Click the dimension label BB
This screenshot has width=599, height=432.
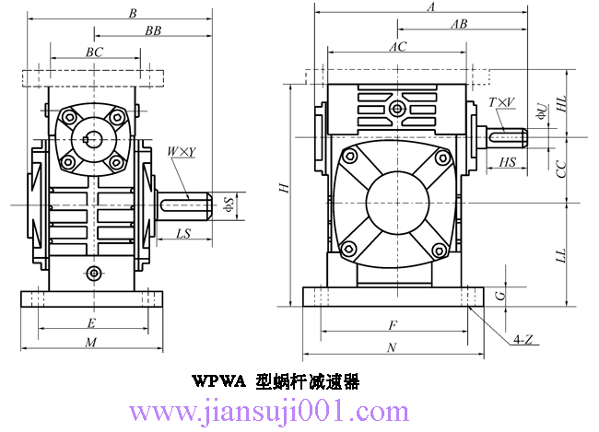coord(153,30)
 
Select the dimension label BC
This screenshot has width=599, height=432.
coord(94,53)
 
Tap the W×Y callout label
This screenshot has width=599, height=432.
coord(181,151)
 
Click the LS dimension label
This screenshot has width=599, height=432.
coord(182,234)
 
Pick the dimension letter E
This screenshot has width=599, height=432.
coord(90,322)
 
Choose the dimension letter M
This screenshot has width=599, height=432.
coord(90,342)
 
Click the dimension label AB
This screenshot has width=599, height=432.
coord(458,25)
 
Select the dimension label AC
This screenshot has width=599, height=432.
coord(398,46)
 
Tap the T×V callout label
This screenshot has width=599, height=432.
coord(502,101)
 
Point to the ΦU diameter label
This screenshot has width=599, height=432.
coord(543,111)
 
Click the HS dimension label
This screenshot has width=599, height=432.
coord(507,162)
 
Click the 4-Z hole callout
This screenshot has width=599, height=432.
coord(523,340)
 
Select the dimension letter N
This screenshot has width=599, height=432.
coord(392,347)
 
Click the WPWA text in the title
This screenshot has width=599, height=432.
coord(217,380)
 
